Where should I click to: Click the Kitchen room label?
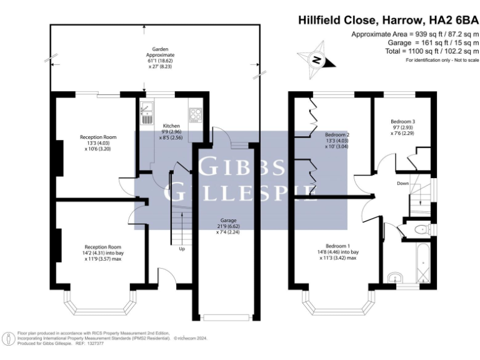click(171, 125)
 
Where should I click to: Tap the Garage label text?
click(227, 219)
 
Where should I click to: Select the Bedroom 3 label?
click(403, 121)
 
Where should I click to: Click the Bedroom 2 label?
click(337, 134)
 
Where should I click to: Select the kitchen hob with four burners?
click(196, 114)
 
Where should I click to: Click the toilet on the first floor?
click(421, 230)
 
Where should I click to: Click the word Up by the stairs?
click(182, 249)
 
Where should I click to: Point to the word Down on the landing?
click(403, 184)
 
